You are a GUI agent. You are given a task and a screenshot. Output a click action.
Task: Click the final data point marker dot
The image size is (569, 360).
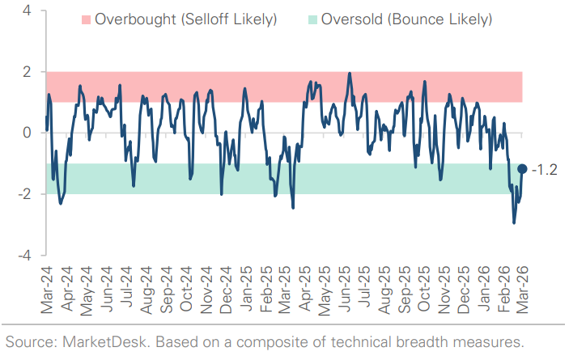click(x=522, y=168)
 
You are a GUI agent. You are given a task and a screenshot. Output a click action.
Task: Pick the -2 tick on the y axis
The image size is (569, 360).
click(x=24, y=194)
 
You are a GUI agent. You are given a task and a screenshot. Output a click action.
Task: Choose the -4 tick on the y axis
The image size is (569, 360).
click(x=24, y=255)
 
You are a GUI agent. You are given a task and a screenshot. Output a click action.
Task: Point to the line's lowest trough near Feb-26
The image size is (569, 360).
click(x=513, y=222)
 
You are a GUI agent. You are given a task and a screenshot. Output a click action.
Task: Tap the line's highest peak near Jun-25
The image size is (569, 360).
click(x=350, y=74)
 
